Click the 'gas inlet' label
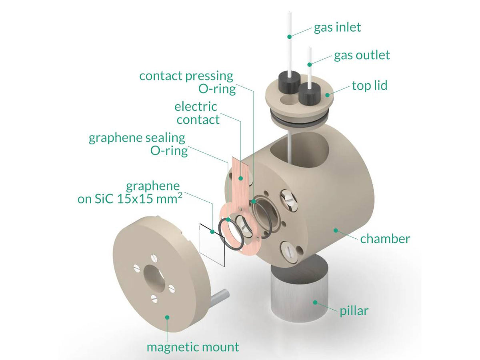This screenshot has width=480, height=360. (337, 27)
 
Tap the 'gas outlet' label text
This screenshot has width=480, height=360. (362, 55)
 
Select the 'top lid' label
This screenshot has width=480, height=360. (370, 85)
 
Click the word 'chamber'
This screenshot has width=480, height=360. (385, 239)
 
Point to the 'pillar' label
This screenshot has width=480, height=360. (353, 310)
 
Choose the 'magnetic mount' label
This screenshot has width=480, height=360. (193, 347)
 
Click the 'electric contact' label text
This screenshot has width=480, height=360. (198, 113)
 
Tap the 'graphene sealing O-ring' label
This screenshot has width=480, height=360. (138, 144)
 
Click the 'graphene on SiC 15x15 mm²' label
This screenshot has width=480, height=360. (128, 193)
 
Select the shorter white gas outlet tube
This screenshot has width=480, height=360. (309, 68)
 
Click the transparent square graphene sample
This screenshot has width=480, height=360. (212, 244)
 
